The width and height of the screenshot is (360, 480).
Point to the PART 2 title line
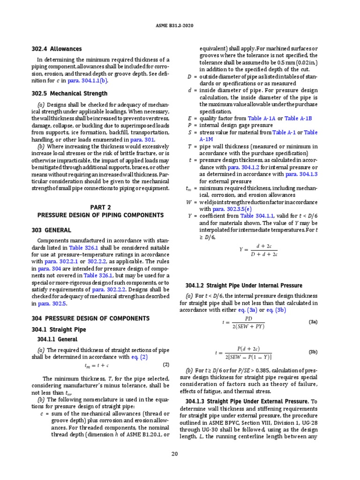100,207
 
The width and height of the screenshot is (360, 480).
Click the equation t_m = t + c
97,366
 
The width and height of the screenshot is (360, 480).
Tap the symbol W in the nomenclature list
189,202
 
